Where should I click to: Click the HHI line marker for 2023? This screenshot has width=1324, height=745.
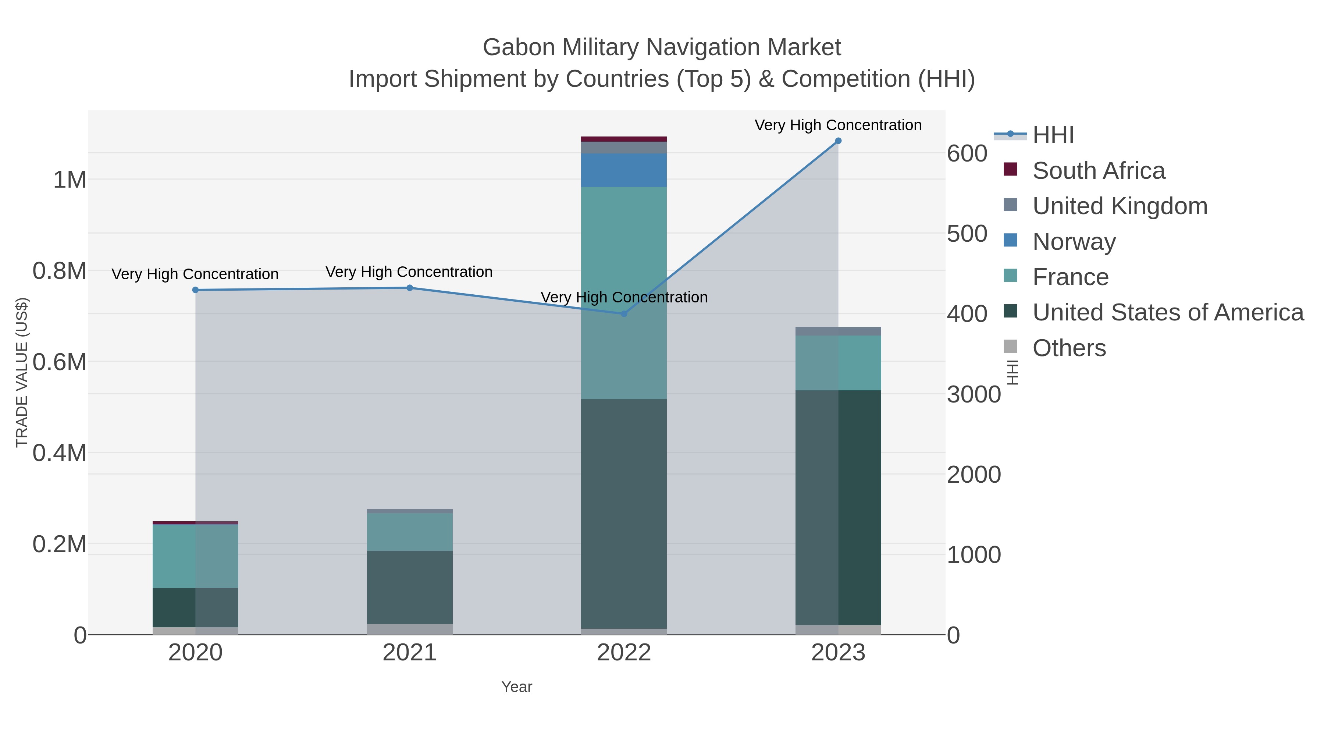point(838,141)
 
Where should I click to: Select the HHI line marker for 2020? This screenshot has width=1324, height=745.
point(195,290)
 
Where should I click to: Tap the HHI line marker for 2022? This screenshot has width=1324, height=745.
point(624,313)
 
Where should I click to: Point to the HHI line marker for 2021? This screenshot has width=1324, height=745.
point(410,288)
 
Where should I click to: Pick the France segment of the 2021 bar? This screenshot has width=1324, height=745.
point(410,532)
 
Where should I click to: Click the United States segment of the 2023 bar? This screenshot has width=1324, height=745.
point(838,507)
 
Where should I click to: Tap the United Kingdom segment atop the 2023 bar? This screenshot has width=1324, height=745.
point(838,331)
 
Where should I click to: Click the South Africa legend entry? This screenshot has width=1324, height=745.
point(1098,170)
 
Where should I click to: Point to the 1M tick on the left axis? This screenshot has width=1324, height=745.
point(70,180)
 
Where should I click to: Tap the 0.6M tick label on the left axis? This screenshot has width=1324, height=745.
point(60,362)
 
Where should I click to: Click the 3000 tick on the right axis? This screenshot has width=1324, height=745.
point(974,395)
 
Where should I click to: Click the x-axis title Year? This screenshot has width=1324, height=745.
point(517,687)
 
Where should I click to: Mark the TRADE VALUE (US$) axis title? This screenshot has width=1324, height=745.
point(22,372)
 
